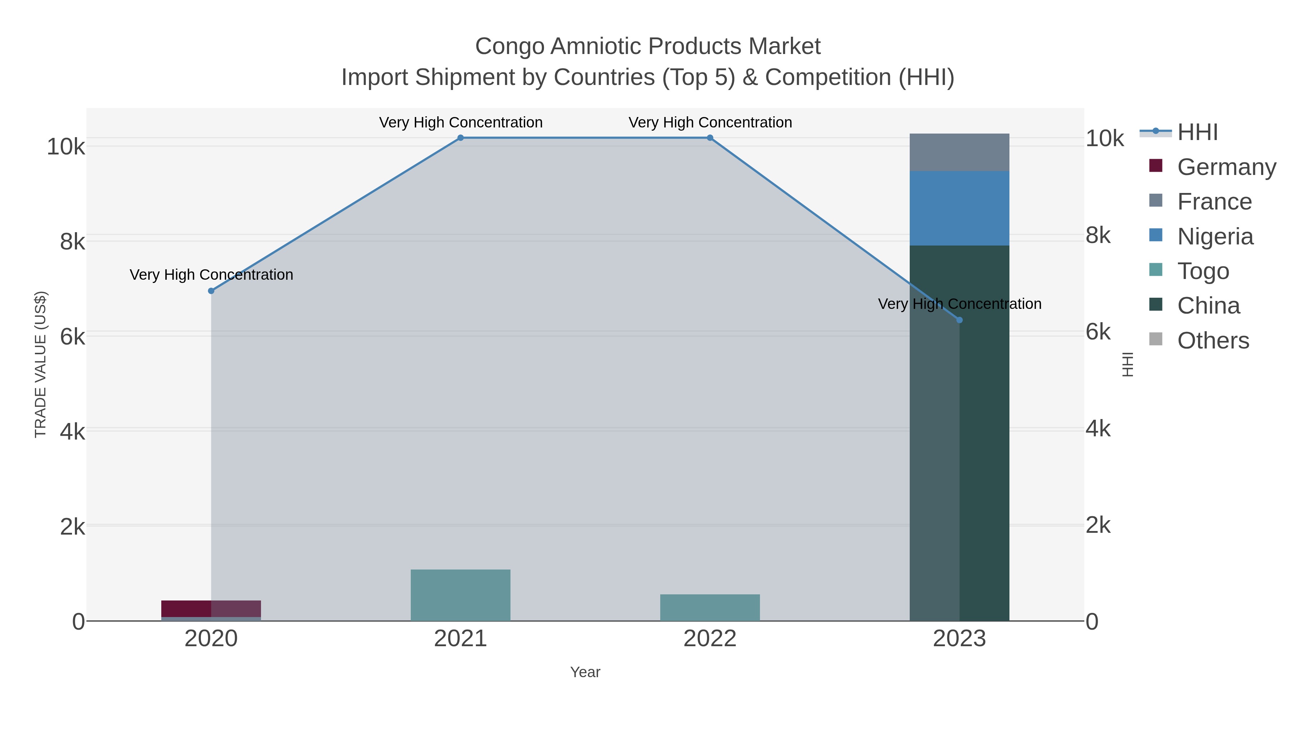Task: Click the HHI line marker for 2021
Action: point(460,138)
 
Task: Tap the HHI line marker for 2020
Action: point(211,291)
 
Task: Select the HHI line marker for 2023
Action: point(959,320)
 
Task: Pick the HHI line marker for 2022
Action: point(710,138)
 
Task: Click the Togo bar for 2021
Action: point(460,595)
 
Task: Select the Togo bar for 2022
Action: point(710,608)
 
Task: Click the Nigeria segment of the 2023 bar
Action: point(959,208)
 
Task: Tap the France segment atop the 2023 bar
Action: point(959,152)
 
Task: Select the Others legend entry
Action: point(1212,341)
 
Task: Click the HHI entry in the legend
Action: point(1197,132)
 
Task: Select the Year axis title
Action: point(585,672)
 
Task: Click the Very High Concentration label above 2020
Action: point(211,275)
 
